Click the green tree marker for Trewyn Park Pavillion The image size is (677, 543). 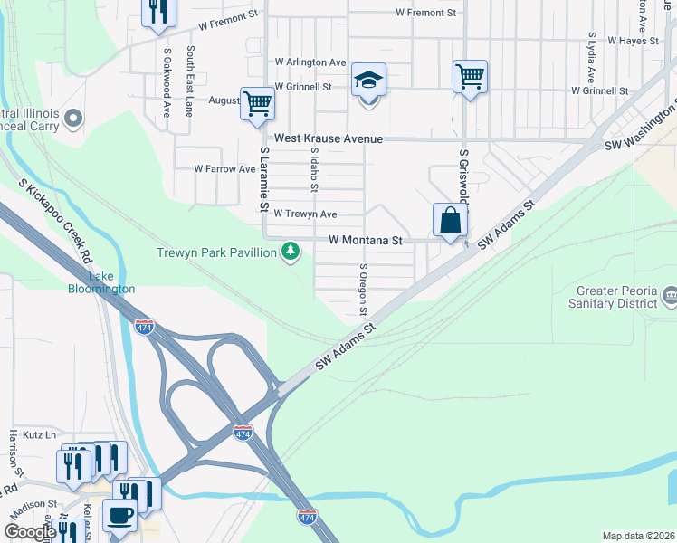tap(290, 251)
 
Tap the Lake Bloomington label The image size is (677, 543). tap(100, 282)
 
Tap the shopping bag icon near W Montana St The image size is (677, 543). tap(450, 220)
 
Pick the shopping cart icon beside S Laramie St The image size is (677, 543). tap(257, 103)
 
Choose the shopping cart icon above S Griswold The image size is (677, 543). tap(470, 77)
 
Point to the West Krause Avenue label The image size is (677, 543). tap(329, 139)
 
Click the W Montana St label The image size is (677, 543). tap(365, 241)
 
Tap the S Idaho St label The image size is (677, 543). tap(314, 170)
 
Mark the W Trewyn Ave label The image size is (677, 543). tap(305, 214)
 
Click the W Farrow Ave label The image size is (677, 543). tap(225, 169)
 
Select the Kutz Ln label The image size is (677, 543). tap(39, 435)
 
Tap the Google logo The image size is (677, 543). tap(30, 532)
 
